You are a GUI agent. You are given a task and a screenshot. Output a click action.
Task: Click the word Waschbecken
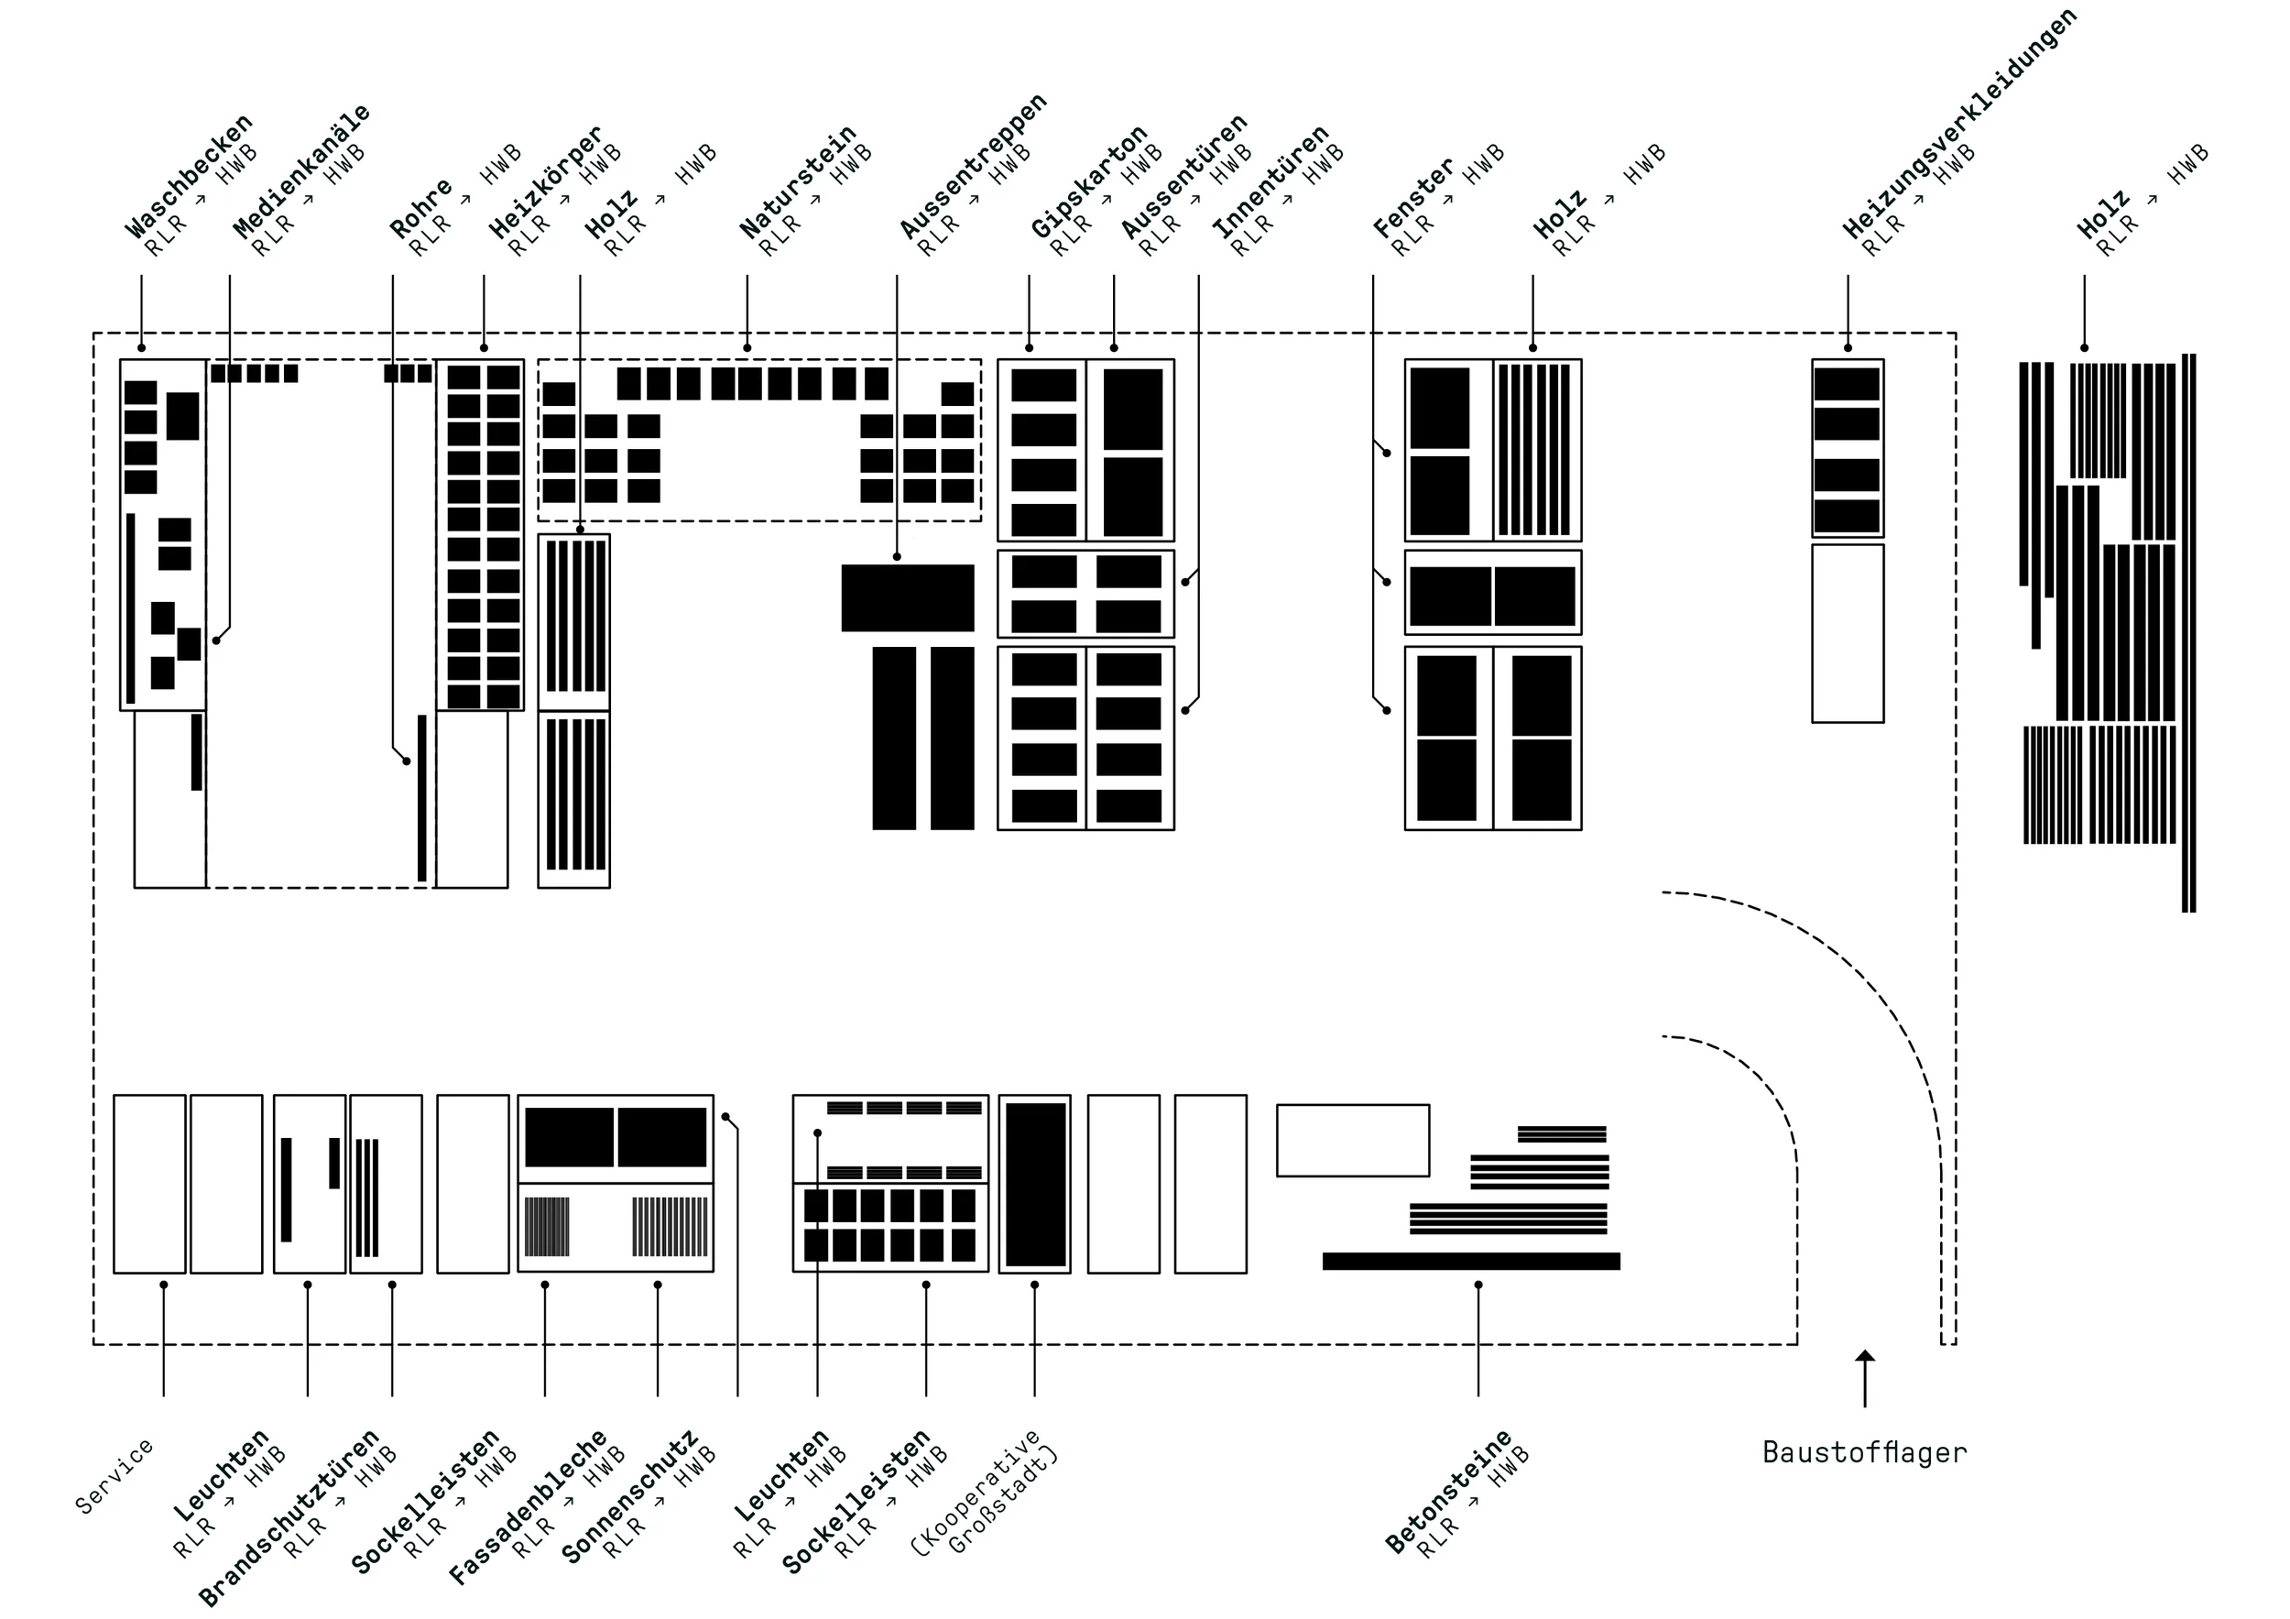coord(189,177)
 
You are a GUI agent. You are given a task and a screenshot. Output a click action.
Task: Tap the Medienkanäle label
coord(301,170)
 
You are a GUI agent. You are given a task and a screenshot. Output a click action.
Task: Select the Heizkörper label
coord(546,181)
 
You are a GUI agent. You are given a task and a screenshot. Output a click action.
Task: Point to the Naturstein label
coord(798,181)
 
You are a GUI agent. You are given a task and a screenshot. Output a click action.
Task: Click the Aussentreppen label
coord(973,166)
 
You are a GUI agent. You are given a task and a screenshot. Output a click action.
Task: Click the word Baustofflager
coord(1864,1452)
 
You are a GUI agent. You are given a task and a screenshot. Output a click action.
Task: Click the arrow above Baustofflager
coord(1864,1379)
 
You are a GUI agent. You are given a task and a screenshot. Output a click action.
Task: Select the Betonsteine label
coord(1448,1493)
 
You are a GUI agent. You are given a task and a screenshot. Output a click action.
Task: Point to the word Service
coord(114,1476)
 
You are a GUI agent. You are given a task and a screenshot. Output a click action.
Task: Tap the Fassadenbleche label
coord(528,1507)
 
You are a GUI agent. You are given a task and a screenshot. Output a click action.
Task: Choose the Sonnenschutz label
coord(629,1496)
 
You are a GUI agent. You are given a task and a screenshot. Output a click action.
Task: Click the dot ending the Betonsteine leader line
coord(1478,1285)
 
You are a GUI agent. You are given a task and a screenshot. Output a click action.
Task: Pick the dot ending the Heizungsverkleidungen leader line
coord(1848,348)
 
